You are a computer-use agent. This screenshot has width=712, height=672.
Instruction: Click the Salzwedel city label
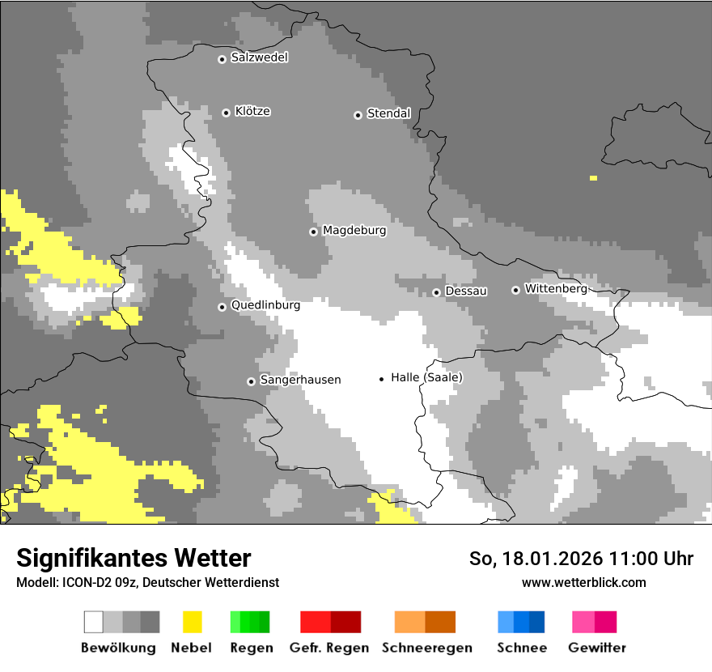pyautogui.click(x=259, y=57)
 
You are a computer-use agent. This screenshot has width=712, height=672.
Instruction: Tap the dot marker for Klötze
pyautogui.click(x=226, y=113)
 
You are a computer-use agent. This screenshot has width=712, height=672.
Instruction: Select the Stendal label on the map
pyautogui.click(x=388, y=113)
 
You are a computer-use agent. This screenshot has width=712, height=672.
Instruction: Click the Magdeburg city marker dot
pyautogui.click(x=313, y=232)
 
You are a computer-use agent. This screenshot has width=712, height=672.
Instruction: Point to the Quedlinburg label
pyautogui.click(x=265, y=305)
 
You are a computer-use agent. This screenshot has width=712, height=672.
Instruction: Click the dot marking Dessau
pyautogui.click(x=436, y=292)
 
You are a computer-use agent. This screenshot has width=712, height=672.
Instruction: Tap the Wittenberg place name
pyautogui.click(x=555, y=288)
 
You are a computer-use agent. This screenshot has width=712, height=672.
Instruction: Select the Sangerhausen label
pyautogui.click(x=300, y=380)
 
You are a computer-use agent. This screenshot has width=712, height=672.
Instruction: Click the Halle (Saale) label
pyautogui.click(x=426, y=377)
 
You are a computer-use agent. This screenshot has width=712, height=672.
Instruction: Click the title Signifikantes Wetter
pyautogui.click(x=133, y=559)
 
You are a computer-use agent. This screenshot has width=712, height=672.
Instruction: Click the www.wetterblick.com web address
pyautogui.click(x=583, y=582)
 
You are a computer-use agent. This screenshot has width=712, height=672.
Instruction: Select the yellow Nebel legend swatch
pyautogui.click(x=192, y=622)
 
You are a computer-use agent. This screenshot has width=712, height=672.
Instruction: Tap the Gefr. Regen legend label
pyautogui.click(x=329, y=648)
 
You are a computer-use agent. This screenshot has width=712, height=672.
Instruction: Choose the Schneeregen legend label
pyautogui.click(x=426, y=648)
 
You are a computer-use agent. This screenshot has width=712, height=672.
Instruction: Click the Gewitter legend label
pyautogui.click(x=597, y=648)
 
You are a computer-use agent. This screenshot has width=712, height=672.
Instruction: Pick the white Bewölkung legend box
pyautogui.click(x=94, y=622)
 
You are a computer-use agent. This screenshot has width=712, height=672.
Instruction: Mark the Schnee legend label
pyautogui.click(x=522, y=648)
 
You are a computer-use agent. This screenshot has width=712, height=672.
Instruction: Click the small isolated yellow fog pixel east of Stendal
pyautogui.click(x=593, y=177)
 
